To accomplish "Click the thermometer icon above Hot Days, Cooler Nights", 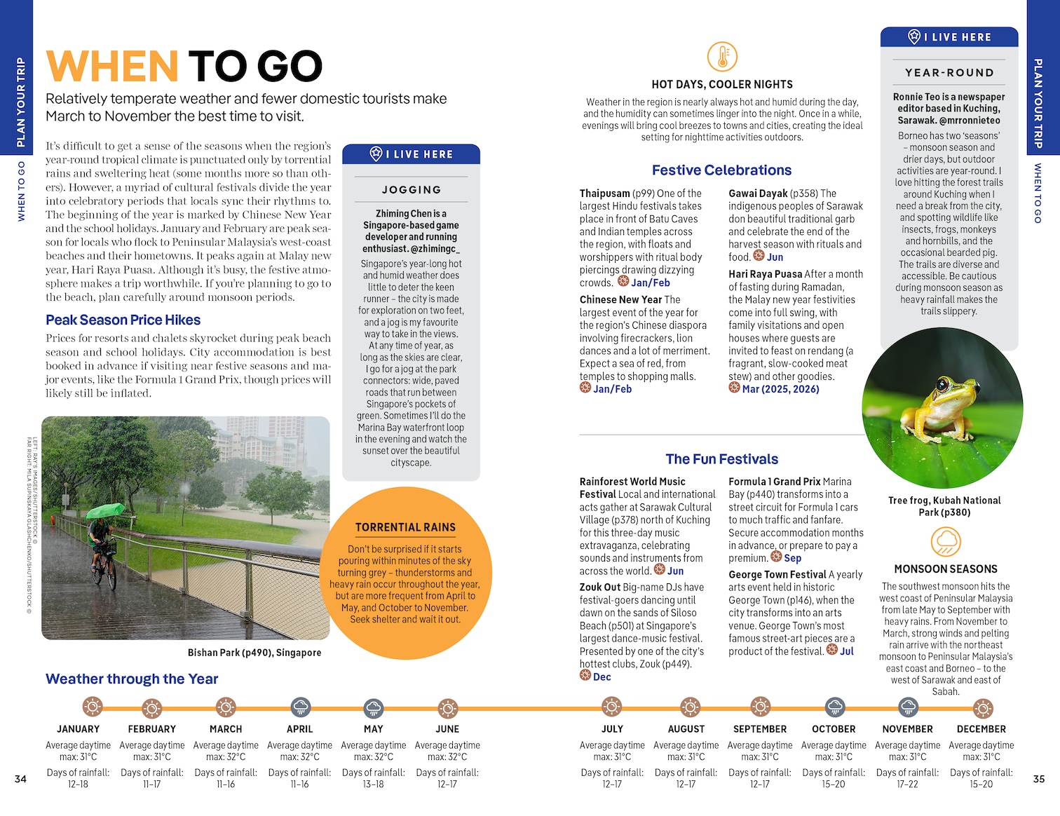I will pos(722,57).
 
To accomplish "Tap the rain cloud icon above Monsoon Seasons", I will pos(945,542).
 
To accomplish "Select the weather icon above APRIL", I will pos(300,707).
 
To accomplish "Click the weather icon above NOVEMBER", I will pos(908,707).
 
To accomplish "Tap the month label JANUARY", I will pos(78,729).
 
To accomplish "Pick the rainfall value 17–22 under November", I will pos(907,784).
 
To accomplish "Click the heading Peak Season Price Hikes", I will pos(123,320).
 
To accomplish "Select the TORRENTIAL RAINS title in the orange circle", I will pos(405,527).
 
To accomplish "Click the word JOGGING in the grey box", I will pos(412,190).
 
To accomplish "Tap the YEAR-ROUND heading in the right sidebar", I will pos(949,73).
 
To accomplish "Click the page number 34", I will pos(20,779).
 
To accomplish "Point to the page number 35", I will pos(1039,779).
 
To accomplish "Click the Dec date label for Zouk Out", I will pos(602,676).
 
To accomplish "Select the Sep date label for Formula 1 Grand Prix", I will pos(792,558).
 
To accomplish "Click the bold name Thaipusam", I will pos(604,193).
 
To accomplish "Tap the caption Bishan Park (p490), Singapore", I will pos(254,653).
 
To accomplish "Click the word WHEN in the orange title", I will pos(112,67).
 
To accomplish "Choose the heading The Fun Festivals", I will pos(721,459).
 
